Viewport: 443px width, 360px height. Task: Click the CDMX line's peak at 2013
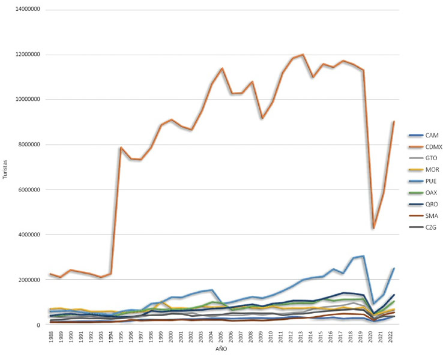click(x=303, y=55)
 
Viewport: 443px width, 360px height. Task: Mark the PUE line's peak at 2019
click(x=363, y=256)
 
